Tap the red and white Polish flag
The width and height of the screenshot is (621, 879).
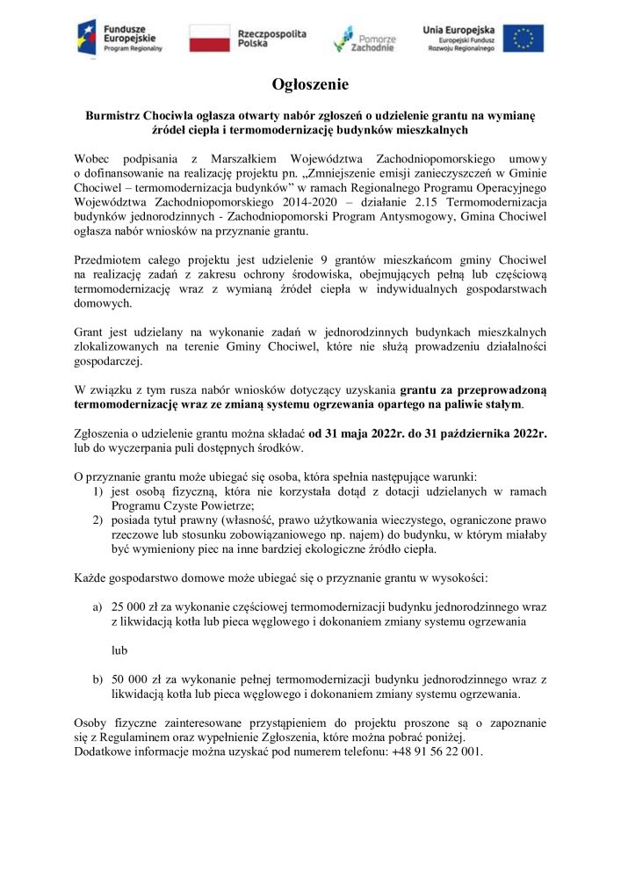[x=209, y=39]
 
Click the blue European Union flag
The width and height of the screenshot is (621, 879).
[x=523, y=39]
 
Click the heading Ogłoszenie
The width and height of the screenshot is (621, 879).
[x=310, y=85]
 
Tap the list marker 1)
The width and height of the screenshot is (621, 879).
[x=100, y=491]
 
